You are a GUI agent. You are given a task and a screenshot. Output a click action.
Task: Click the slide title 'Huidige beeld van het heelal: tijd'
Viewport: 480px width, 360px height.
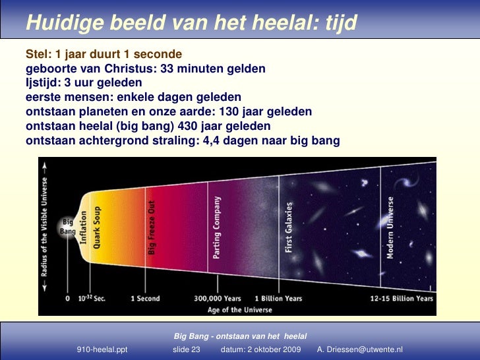(x=191, y=23)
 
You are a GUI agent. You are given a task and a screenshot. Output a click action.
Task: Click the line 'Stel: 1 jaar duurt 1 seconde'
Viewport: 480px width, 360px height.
(x=104, y=53)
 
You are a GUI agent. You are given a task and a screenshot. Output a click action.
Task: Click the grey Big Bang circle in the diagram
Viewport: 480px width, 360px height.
(x=68, y=227)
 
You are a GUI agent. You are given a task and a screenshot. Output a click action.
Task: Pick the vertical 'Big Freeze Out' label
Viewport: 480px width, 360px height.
(x=152, y=227)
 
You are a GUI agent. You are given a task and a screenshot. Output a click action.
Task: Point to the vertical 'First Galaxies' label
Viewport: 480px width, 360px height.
(x=289, y=227)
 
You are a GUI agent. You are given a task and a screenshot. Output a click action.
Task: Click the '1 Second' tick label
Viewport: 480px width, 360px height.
(x=145, y=299)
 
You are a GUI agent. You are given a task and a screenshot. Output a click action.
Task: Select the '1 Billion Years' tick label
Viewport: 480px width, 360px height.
(x=278, y=299)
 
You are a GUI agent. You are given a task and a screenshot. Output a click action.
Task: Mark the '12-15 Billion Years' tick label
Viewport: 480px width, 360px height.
(x=401, y=299)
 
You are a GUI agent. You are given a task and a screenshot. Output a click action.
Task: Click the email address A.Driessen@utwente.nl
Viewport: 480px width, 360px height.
(x=360, y=349)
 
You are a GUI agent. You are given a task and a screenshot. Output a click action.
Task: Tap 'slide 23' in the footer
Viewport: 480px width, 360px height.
(x=186, y=349)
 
